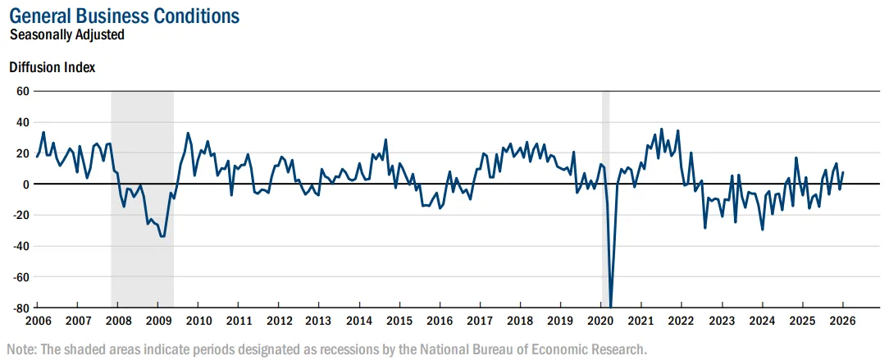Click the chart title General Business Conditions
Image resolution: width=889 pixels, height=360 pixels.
click(125, 16)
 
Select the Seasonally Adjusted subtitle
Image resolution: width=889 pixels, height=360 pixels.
click(67, 34)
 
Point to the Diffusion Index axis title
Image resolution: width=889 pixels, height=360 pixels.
click(52, 67)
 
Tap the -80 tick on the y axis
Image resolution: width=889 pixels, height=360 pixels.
click(21, 308)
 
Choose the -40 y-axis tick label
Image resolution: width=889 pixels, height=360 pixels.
click(21, 246)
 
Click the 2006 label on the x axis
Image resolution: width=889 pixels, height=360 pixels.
click(38, 321)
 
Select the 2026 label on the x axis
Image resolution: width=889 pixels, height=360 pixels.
click(842, 321)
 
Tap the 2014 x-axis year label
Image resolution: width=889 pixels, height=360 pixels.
click(359, 321)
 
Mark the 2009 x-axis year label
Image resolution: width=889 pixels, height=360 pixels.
click(159, 321)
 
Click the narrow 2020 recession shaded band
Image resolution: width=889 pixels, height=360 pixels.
click(605, 199)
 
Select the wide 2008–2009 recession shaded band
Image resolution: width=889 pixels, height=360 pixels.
click(143, 199)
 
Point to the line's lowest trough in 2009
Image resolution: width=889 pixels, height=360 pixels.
click(162, 236)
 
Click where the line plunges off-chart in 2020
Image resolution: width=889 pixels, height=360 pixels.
click(611, 306)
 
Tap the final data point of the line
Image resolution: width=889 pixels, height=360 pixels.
click(842, 172)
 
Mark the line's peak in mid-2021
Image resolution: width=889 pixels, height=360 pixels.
click(661, 130)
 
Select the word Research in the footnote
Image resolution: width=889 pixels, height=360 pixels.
click(620, 348)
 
